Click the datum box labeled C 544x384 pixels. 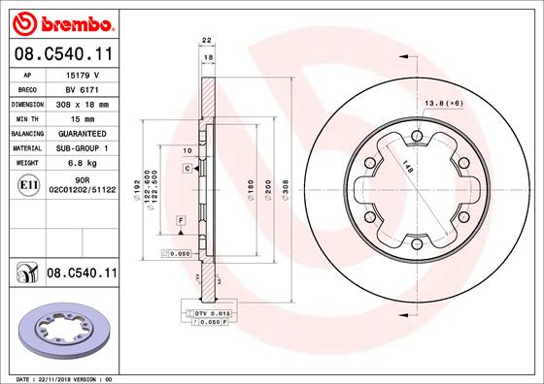(185, 169)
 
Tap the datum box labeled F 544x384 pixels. (181, 222)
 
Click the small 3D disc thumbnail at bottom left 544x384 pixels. (61, 334)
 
